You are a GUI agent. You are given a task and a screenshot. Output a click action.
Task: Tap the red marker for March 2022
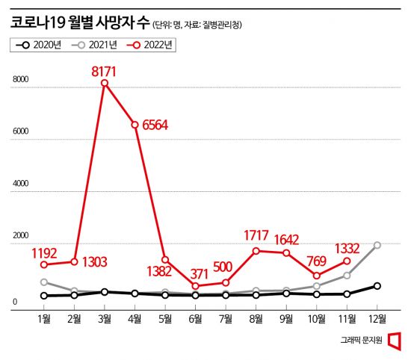point(105,83)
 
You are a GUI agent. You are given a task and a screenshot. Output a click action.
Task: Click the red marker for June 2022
point(195,286)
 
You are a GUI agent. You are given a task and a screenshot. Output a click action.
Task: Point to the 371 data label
point(200,273)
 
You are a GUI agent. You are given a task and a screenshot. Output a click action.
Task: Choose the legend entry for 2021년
point(96,45)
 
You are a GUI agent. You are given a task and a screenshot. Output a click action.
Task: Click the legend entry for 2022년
point(153,45)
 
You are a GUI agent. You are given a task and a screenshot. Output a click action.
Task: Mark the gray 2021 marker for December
point(377,245)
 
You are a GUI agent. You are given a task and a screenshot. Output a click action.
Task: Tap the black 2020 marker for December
point(377,286)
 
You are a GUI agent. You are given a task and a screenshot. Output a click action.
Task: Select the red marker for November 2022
point(347,261)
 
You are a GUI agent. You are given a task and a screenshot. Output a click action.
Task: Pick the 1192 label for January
point(45,252)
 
